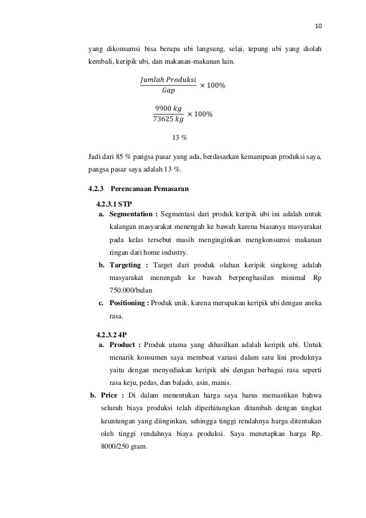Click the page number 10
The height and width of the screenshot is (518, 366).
coord(319,26)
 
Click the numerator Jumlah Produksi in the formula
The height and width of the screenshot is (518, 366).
coord(168,79)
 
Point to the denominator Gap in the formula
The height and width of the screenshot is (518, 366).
coord(168,90)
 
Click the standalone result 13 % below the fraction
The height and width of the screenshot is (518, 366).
coord(180,138)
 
